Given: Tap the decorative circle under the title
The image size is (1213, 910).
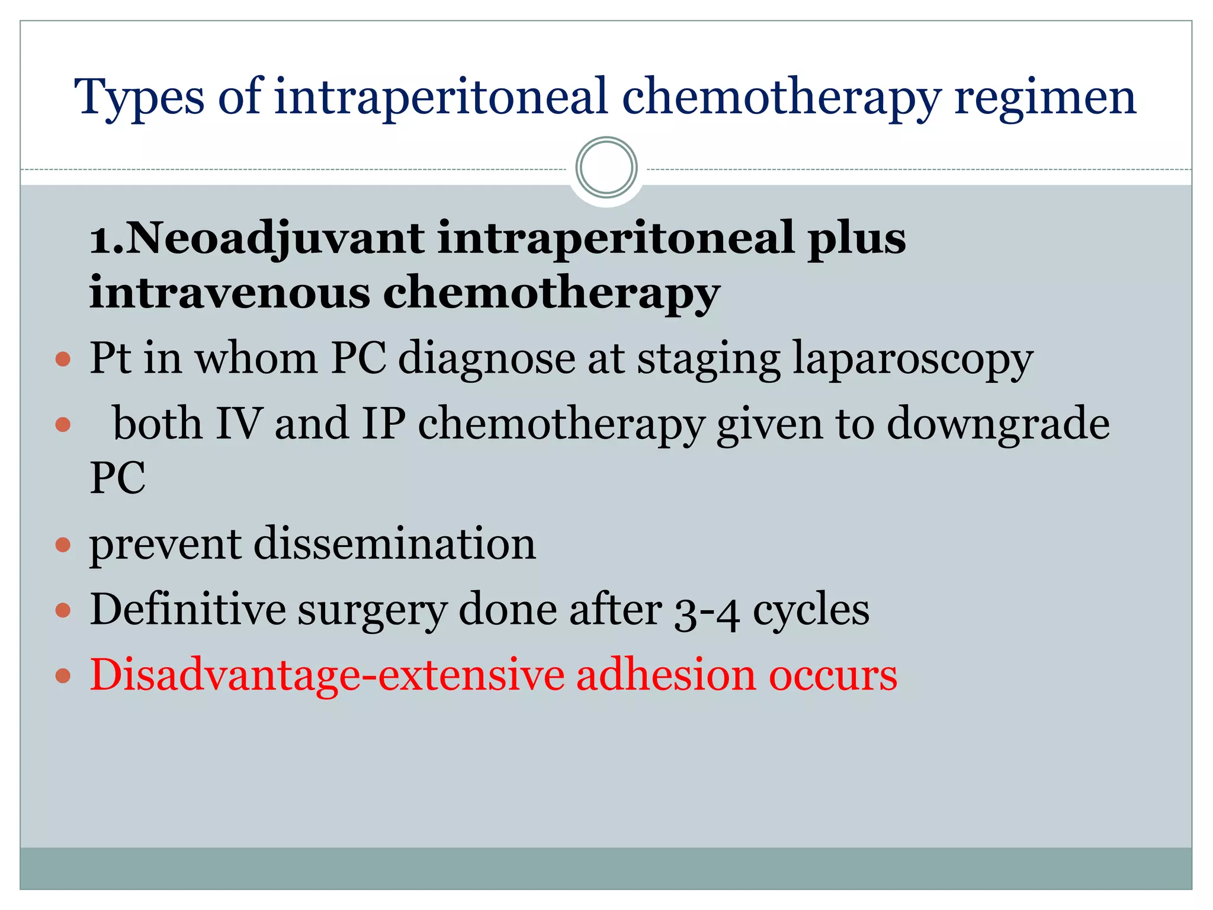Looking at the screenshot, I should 606,168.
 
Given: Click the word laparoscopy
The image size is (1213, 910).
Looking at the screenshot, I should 913,359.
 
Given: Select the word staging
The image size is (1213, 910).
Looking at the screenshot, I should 708,359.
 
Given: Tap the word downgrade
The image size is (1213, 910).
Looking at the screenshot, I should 998,424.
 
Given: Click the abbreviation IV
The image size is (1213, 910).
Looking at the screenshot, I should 238,424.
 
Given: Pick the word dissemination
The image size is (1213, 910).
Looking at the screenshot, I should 395,544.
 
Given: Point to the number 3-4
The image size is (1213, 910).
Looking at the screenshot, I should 707,610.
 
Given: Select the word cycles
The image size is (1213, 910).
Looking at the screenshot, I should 811,610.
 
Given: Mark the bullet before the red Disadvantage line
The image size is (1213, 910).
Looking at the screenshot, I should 63,675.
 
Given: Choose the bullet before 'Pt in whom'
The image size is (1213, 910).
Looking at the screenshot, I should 63,359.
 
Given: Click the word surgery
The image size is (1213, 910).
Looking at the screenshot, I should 371,610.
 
